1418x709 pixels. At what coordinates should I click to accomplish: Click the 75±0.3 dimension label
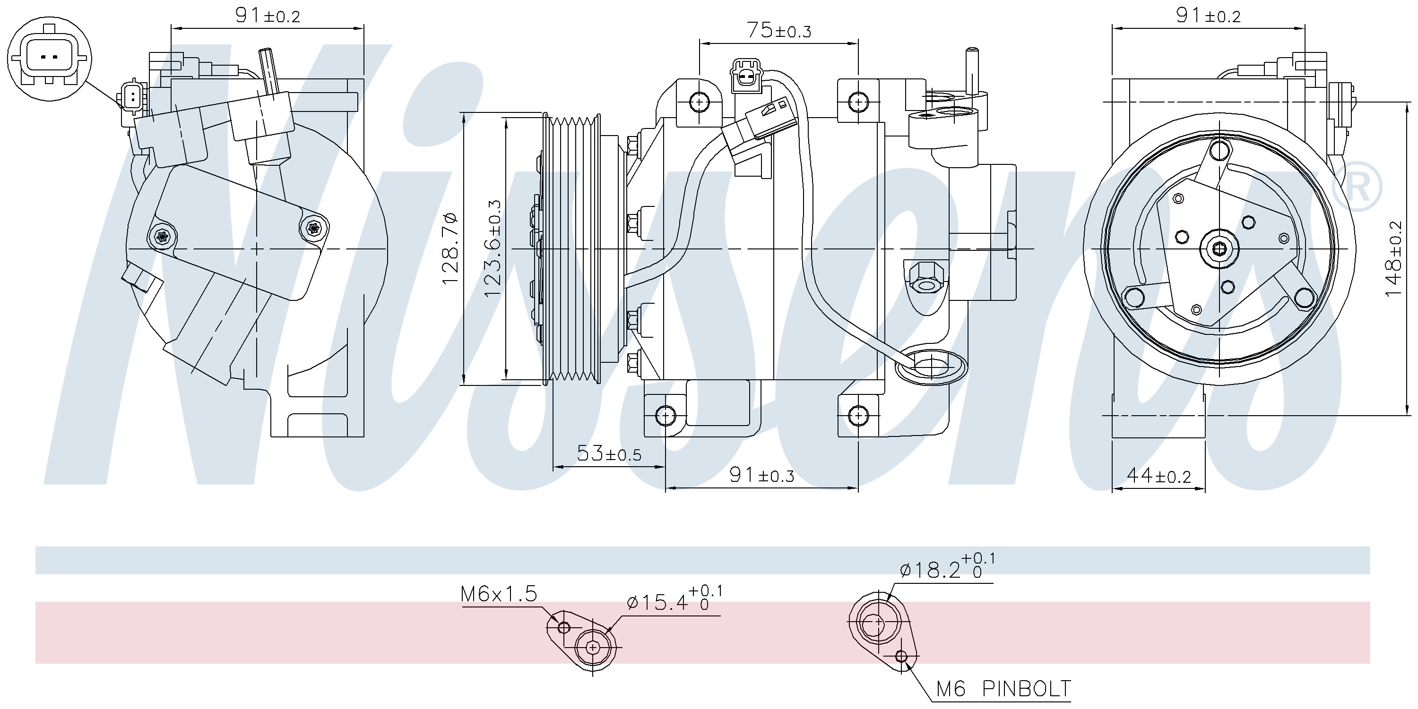tap(779, 31)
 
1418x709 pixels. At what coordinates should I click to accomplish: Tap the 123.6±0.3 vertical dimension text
tap(493, 248)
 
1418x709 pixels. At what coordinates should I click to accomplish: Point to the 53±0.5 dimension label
tap(609, 454)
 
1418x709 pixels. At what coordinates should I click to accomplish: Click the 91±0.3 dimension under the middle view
tap(762, 475)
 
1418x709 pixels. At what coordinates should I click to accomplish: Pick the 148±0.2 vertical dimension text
tap(1394, 258)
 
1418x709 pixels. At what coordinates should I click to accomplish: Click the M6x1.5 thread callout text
tap(499, 594)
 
